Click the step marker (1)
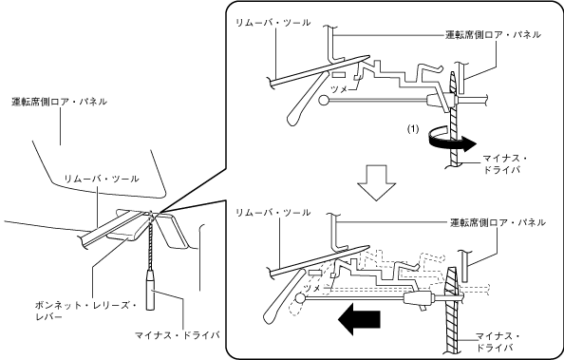[413, 129]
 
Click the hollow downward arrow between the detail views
[376, 182]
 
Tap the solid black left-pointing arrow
[359, 318]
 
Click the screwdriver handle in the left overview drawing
[151, 290]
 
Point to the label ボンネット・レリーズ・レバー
[85, 311]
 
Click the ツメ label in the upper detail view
[339, 89]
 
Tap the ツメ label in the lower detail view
[312, 288]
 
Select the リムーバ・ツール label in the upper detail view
[273, 23]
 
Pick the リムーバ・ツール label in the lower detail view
[273, 213]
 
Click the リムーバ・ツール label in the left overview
[102, 179]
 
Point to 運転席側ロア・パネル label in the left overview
[59, 102]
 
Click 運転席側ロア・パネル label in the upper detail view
[493, 34]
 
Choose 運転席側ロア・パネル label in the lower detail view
[498, 222]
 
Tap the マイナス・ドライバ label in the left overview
[178, 335]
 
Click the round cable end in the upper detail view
[324, 100]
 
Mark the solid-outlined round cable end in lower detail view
[300, 297]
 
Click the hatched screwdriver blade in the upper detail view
[454, 119]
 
